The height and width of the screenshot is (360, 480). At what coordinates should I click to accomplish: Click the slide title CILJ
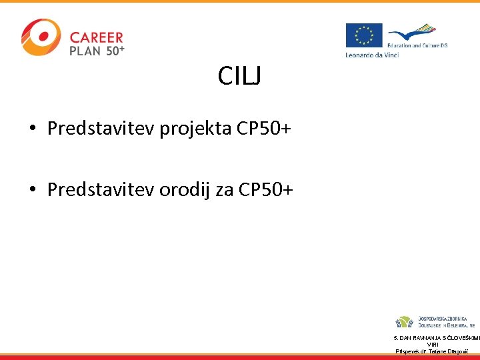(x=239, y=77)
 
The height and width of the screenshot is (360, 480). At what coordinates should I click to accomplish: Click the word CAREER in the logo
(x=97, y=38)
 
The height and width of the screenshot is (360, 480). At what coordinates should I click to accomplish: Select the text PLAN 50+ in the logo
(x=97, y=51)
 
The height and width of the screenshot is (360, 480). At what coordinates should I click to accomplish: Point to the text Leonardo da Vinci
(x=372, y=55)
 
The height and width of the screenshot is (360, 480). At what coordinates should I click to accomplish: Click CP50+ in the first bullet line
(x=264, y=129)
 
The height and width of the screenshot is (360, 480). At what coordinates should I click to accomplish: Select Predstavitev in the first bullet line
(x=101, y=129)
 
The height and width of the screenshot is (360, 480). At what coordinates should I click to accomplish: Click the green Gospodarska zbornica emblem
(x=405, y=323)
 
